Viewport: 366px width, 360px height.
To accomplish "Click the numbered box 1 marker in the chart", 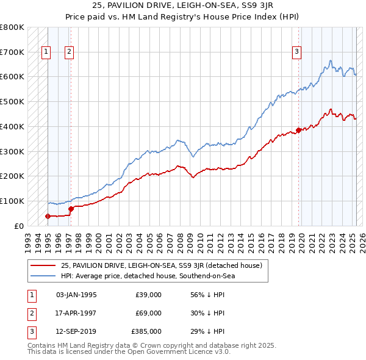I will (x=46, y=52).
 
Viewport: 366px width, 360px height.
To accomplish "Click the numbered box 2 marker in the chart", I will (x=69, y=52).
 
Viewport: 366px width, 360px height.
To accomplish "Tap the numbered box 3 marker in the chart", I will (x=296, y=52).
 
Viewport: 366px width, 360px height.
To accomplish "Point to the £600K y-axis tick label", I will (x=12, y=77).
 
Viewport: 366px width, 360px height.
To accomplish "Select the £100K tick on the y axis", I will (x=12, y=201).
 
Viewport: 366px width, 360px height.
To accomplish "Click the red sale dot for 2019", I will (x=298, y=130).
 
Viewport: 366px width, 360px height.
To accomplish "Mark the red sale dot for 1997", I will (x=71, y=209).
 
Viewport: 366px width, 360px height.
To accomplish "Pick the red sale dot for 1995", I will (x=48, y=216).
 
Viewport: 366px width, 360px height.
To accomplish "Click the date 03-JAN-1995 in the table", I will (x=76, y=295).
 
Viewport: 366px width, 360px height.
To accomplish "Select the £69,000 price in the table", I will (x=148, y=313).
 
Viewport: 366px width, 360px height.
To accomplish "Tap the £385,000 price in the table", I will (x=146, y=331).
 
